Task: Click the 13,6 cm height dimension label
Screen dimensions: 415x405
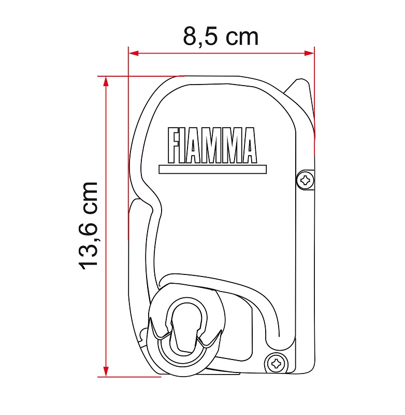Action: tap(89, 225)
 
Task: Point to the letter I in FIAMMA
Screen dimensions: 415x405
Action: tap(185, 146)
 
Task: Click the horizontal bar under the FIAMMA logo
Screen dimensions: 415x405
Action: tap(213, 170)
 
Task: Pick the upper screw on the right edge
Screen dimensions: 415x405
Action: tap(305, 181)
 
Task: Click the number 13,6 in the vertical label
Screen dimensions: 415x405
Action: tap(89, 244)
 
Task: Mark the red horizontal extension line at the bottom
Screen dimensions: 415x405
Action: tap(129, 377)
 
